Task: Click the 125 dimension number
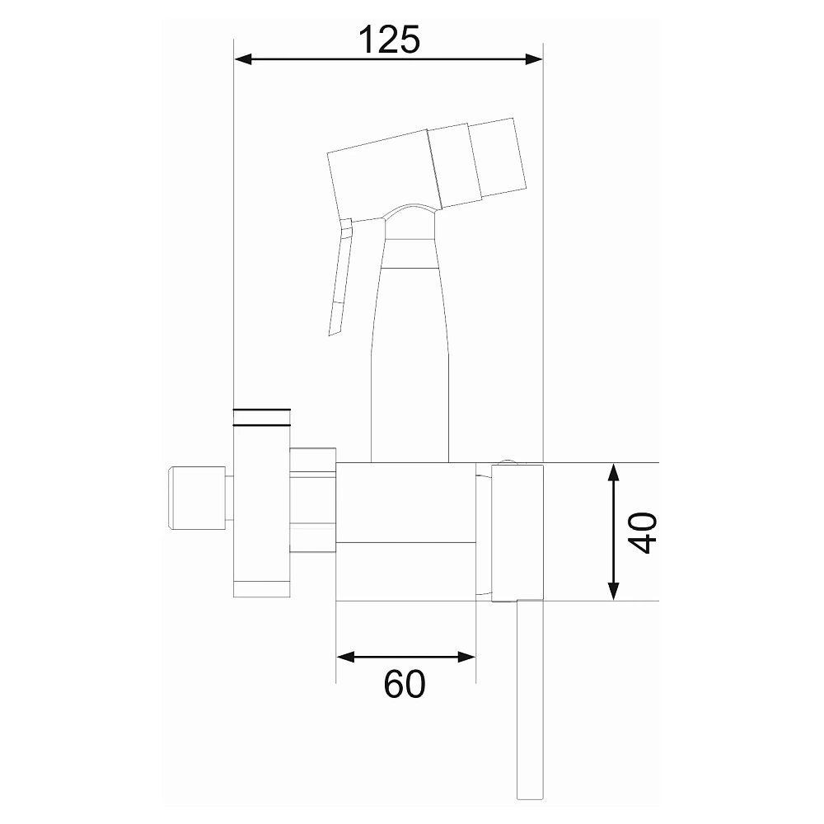(x=390, y=40)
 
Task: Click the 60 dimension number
(x=404, y=684)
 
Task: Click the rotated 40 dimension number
(x=644, y=532)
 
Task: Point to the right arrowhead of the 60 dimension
(x=467, y=657)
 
